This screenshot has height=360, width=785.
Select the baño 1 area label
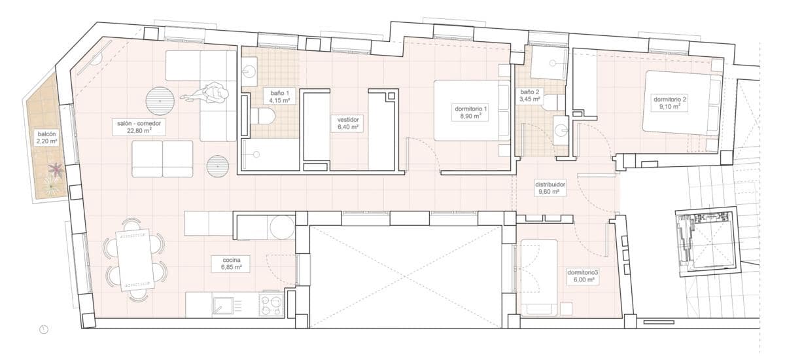pos(280,97)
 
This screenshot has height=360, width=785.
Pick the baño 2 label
pos(529,96)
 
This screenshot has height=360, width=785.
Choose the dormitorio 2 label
pos(671,103)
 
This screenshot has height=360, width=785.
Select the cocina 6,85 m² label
pos(227,263)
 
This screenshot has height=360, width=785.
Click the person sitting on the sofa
pos(208,94)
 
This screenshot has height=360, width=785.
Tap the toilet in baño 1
pos(263,117)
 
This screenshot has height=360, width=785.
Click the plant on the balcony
pos(55,171)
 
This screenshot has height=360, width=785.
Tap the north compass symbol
pos(44,330)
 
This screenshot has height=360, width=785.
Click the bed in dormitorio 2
pos(682,103)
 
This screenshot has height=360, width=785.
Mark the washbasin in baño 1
pos(251,68)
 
